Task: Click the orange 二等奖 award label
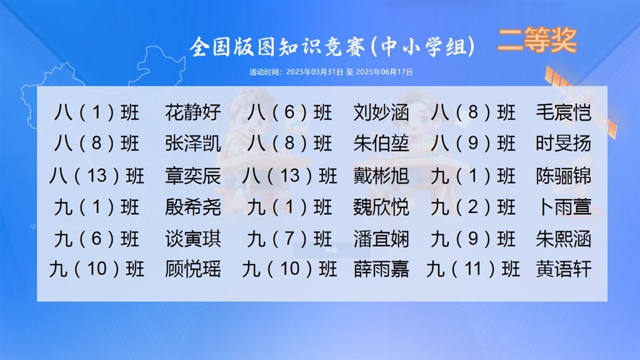(537, 40)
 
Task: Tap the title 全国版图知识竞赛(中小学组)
(332, 46)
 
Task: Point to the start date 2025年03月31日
(314, 72)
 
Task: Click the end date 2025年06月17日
(384, 72)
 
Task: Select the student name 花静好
(193, 112)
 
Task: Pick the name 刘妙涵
(381, 112)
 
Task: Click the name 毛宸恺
(564, 112)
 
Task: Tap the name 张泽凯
(193, 144)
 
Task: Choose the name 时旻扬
(564, 144)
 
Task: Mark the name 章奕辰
(193, 176)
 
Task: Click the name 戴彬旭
(381, 176)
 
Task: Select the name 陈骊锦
(564, 176)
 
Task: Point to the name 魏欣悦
(381, 207)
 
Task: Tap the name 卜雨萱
(564, 207)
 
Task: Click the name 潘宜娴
(381, 239)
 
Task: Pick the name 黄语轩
(564, 269)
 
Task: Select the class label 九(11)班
(473, 269)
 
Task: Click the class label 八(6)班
(289, 112)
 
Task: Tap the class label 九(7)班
(289, 239)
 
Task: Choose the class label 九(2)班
(473, 207)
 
